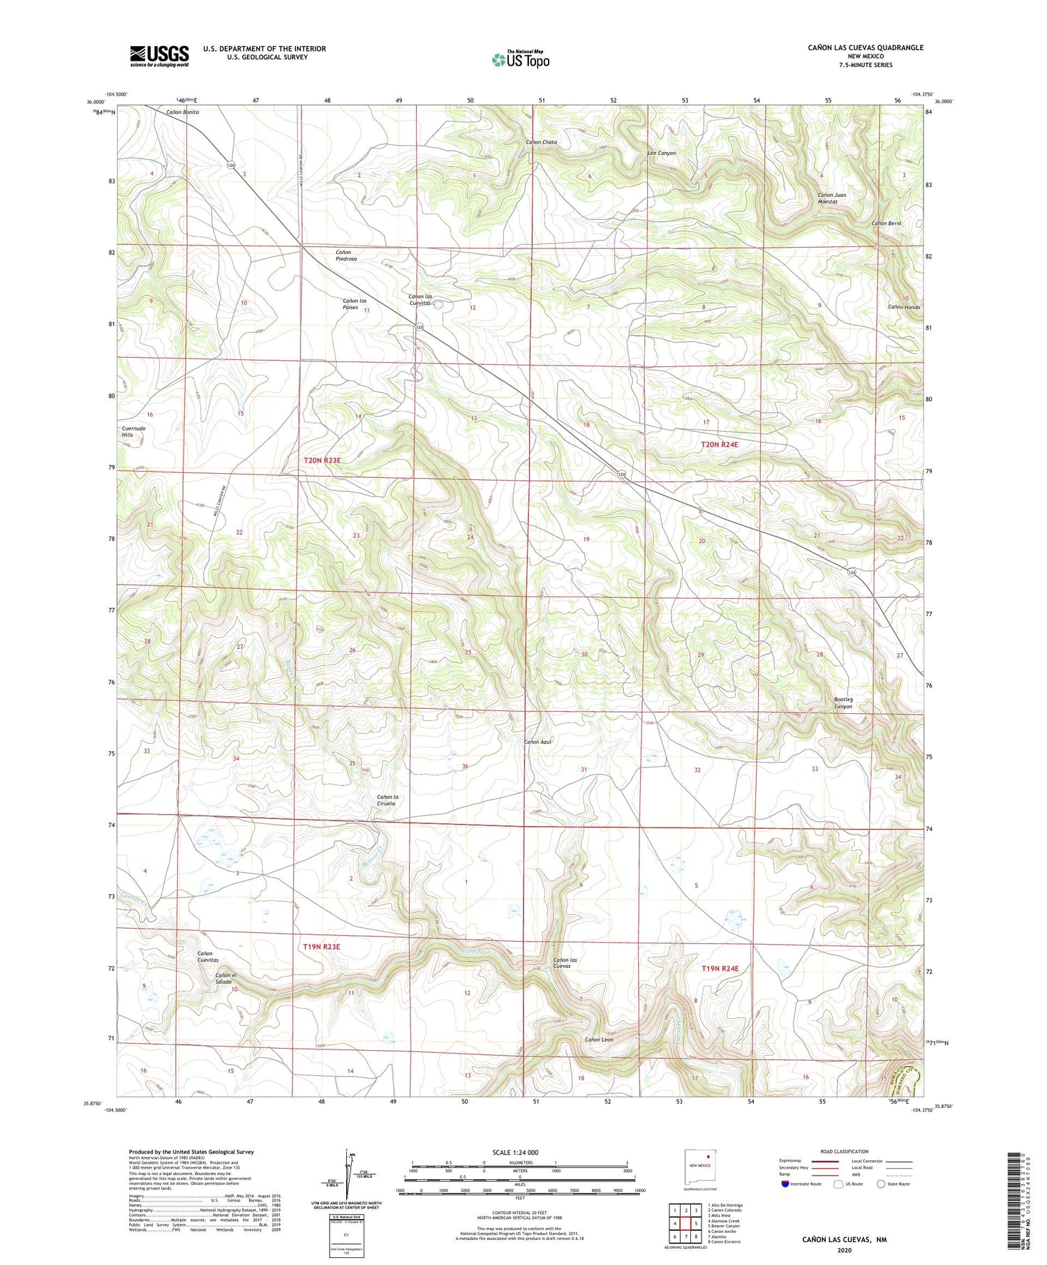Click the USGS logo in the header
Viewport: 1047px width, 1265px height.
159,56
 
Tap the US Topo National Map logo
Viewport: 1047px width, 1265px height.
520,59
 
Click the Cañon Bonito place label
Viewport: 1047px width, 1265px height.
182,112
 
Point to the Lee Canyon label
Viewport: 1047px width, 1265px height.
662,153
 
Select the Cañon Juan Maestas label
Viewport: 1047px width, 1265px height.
832,198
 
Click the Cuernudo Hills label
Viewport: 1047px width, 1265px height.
133,431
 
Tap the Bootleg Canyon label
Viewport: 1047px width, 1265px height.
843,703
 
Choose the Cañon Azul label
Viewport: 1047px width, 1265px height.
538,742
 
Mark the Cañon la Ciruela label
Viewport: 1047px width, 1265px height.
387,800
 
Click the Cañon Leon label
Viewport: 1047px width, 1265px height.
599,1040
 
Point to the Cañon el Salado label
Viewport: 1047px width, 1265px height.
227,978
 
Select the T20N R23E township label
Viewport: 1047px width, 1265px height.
322,461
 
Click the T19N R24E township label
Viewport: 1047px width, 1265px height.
720,968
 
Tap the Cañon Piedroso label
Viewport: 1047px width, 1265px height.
346,255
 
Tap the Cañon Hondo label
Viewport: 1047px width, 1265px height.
905,308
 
